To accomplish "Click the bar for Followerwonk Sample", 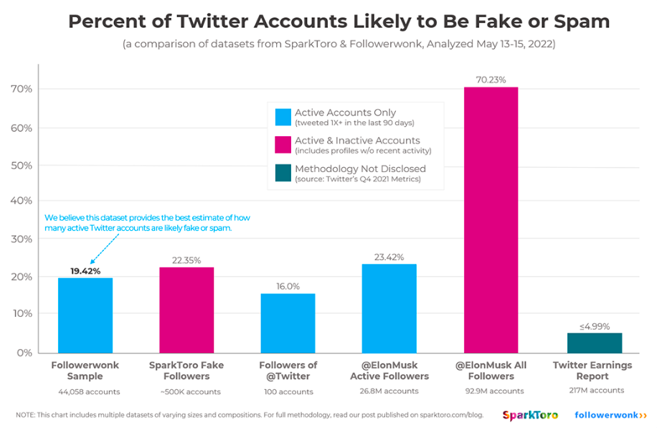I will click(85, 315).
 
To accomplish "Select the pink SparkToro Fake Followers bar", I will click(186, 310).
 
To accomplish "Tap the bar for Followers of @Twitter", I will click(288, 323).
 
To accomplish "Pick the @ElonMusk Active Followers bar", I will click(389, 308).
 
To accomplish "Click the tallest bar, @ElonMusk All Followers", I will click(491, 219).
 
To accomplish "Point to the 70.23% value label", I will click(491, 79).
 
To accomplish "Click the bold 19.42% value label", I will click(85, 271).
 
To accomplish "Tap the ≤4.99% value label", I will click(594, 326).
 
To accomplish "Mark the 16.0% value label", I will click(288, 285).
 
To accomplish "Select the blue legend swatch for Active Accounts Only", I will click(283, 116).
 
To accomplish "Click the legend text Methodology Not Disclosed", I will click(360, 168).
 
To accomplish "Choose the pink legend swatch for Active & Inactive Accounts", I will click(283, 145).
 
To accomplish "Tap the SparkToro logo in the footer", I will click(529, 415).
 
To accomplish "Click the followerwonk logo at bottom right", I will click(610, 415).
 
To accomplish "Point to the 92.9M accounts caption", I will click(491, 391).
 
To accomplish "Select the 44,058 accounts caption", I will click(85, 391).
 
